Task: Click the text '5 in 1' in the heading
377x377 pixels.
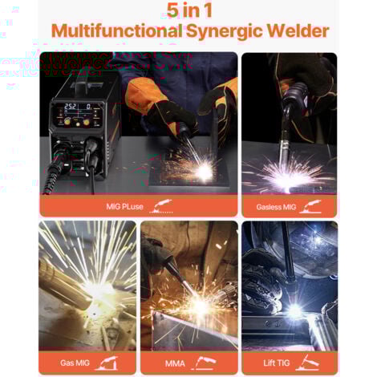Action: coord(188,11)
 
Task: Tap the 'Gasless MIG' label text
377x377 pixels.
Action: coord(276,206)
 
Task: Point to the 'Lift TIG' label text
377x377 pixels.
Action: coord(275,363)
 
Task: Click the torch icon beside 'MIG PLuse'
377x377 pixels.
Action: coord(163,206)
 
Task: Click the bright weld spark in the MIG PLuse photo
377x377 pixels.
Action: coord(198,169)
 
